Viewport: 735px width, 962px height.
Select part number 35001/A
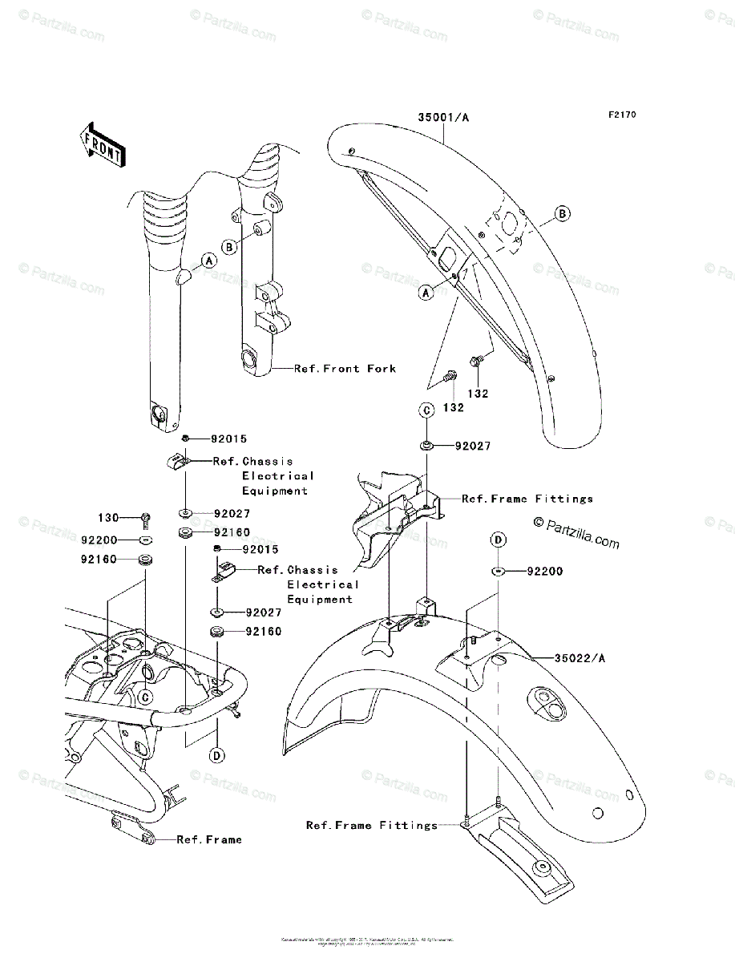[x=442, y=117]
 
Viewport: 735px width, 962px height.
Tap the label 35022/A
[x=580, y=658]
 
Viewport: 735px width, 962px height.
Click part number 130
[x=108, y=518]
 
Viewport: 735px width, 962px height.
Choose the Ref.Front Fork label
[x=345, y=369]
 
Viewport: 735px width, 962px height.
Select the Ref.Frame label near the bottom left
[x=208, y=839]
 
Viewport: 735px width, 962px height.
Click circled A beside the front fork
[x=208, y=261]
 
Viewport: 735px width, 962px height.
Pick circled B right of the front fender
[x=563, y=213]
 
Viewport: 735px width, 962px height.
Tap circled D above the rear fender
[x=498, y=540]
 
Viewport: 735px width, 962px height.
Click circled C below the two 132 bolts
[x=427, y=410]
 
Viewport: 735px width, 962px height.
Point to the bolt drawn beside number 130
[x=145, y=519]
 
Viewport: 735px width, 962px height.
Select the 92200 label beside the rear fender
[x=545, y=572]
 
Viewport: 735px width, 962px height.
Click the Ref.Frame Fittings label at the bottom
[x=372, y=825]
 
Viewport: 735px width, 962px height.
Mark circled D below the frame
[x=216, y=755]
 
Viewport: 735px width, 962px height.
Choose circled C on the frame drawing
[x=145, y=697]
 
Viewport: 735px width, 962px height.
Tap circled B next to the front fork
[x=229, y=247]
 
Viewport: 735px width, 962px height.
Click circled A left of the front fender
[x=426, y=293]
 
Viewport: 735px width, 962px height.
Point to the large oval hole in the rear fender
[x=551, y=699]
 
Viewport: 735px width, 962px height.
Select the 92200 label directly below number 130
[x=99, y=540]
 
